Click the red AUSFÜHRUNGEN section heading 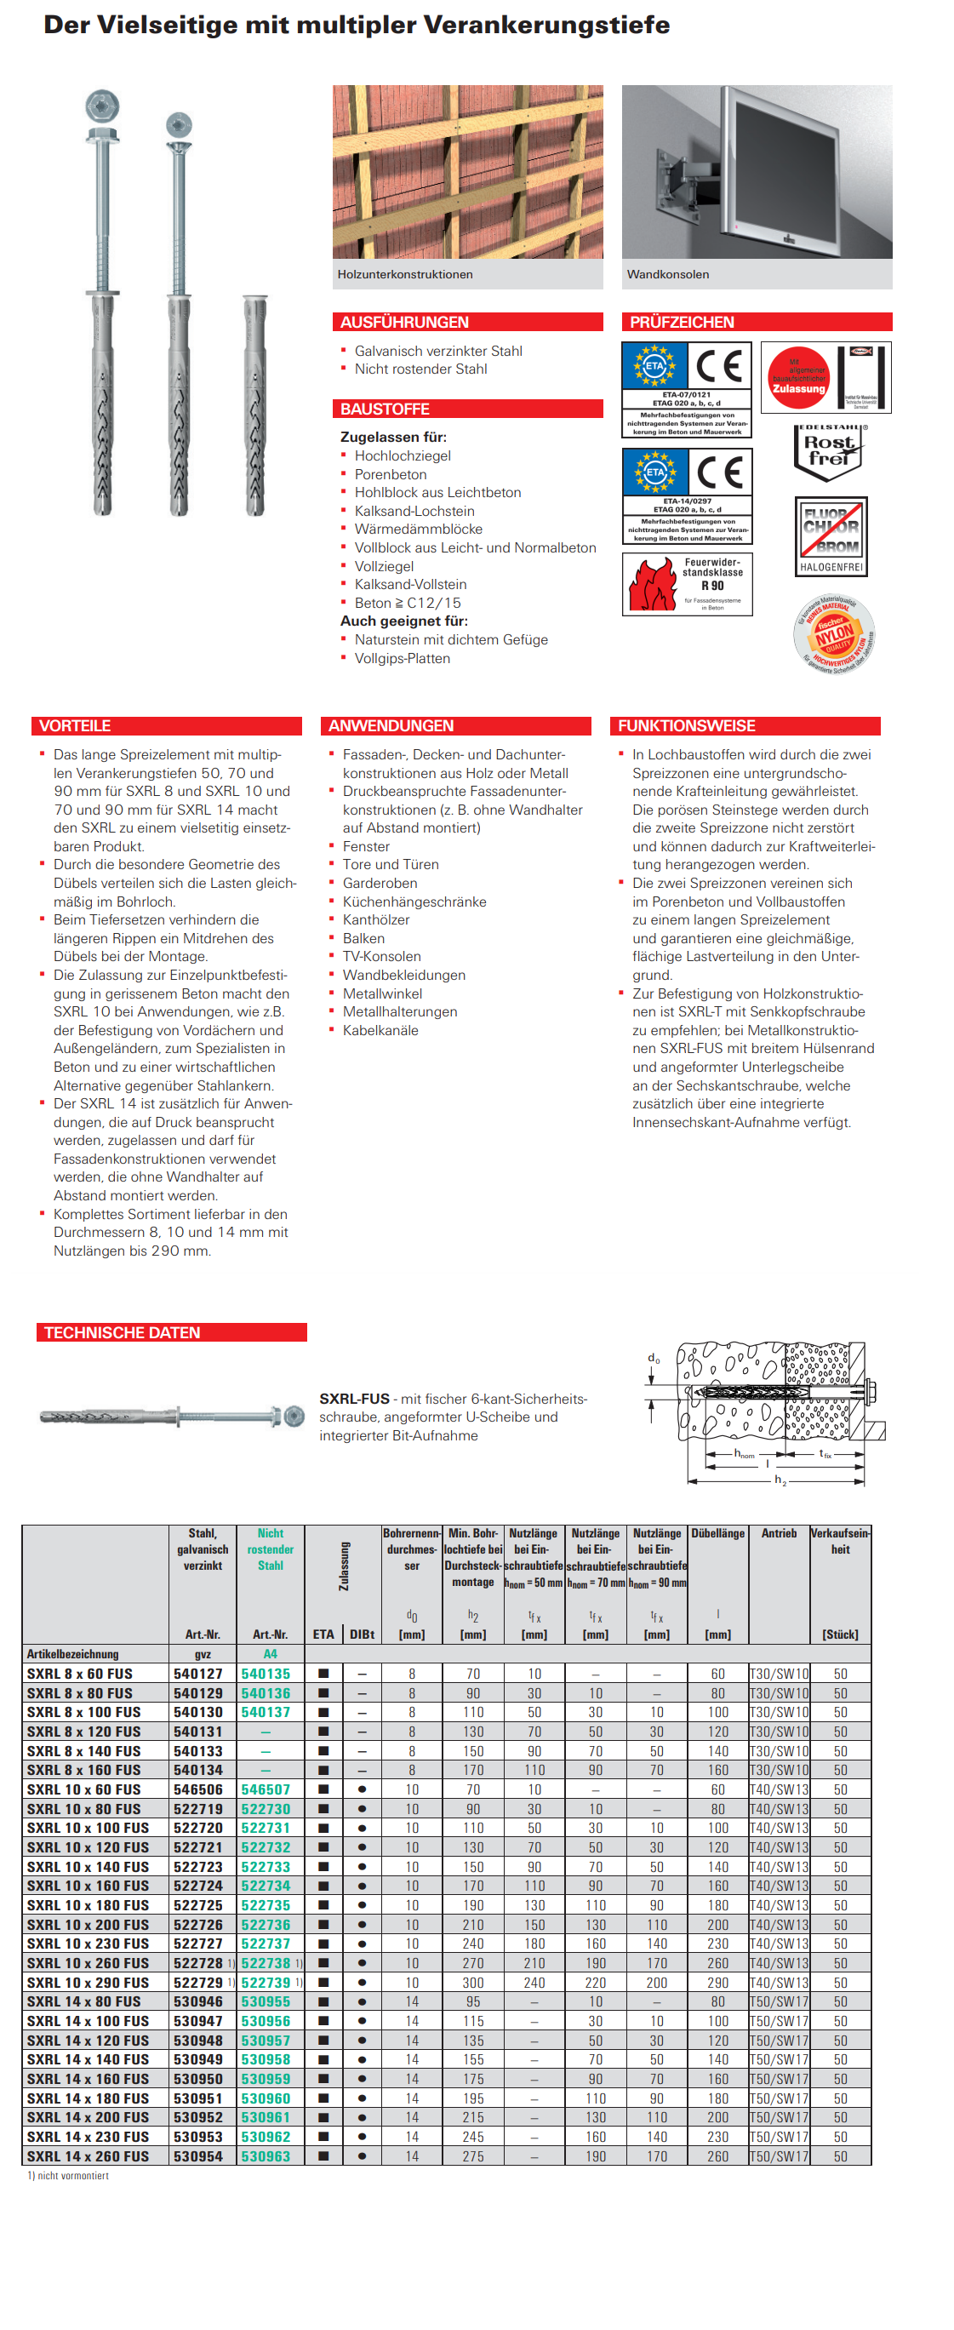coord(404,322)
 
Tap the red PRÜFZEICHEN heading coord(682,322)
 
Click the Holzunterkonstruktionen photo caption coord(405,274)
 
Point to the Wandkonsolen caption coord(667,274)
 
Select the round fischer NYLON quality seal coord(834,634)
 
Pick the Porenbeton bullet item coord(390,474)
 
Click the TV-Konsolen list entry coord(380,956)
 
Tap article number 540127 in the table coord(198,1674)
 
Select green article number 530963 coord(266,2155)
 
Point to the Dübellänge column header coord(717,1533)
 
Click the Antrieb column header coord(779,1533)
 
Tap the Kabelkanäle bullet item coord(380,1030)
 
